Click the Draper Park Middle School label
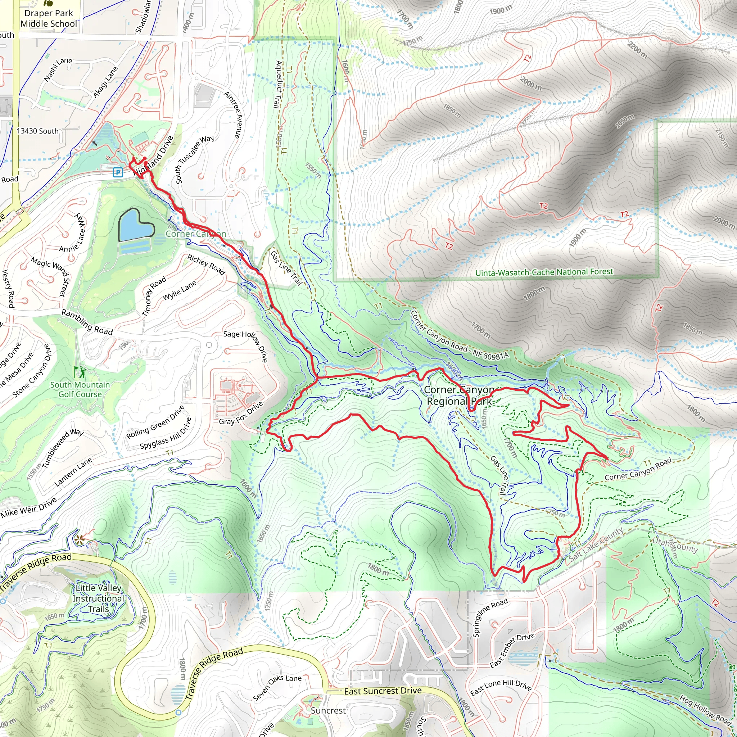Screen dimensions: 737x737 (49, 18)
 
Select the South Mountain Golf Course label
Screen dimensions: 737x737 (80, 389)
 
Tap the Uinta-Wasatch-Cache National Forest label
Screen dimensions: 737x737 (544, 272)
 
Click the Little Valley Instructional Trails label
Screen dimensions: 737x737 (98, 598)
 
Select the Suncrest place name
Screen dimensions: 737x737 (328, 711)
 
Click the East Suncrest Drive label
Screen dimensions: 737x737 (383, 691)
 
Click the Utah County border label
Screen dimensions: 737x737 (675, 546)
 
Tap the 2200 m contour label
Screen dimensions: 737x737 (637, 50)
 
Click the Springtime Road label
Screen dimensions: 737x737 (490, 618)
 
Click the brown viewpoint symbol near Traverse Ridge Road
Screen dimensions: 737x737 (79, 539)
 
